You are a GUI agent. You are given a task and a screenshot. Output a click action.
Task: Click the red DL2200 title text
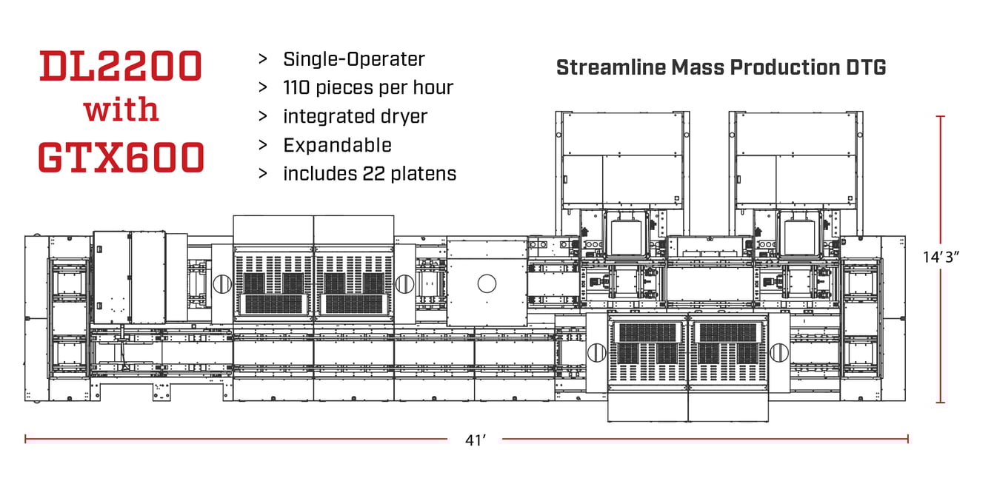pos(121,67)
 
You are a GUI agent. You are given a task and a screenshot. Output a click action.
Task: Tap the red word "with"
pos(121,110)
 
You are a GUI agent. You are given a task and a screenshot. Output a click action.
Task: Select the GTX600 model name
pos(121,157)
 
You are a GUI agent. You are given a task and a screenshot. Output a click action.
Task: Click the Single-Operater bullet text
pos(354,60)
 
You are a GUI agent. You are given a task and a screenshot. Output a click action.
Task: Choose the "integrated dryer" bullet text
pos(355,116)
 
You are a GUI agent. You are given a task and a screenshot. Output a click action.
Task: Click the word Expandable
pos(337,145)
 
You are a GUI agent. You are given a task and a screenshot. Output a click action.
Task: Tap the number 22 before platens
pos(374,173)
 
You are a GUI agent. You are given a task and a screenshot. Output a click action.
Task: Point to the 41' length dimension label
pos(475,440)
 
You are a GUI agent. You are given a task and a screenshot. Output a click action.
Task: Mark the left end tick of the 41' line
pos(26,439)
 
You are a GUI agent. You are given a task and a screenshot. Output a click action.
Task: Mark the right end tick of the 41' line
pos(908,439)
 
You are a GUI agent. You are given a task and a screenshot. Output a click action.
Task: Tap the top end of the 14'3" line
pos(941,117)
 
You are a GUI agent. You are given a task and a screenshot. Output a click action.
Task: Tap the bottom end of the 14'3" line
pos(941,403)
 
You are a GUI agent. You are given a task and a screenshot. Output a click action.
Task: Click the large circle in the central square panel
pos(486,283)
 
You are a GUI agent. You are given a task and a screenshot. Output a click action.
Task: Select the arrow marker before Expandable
pos(263,145)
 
